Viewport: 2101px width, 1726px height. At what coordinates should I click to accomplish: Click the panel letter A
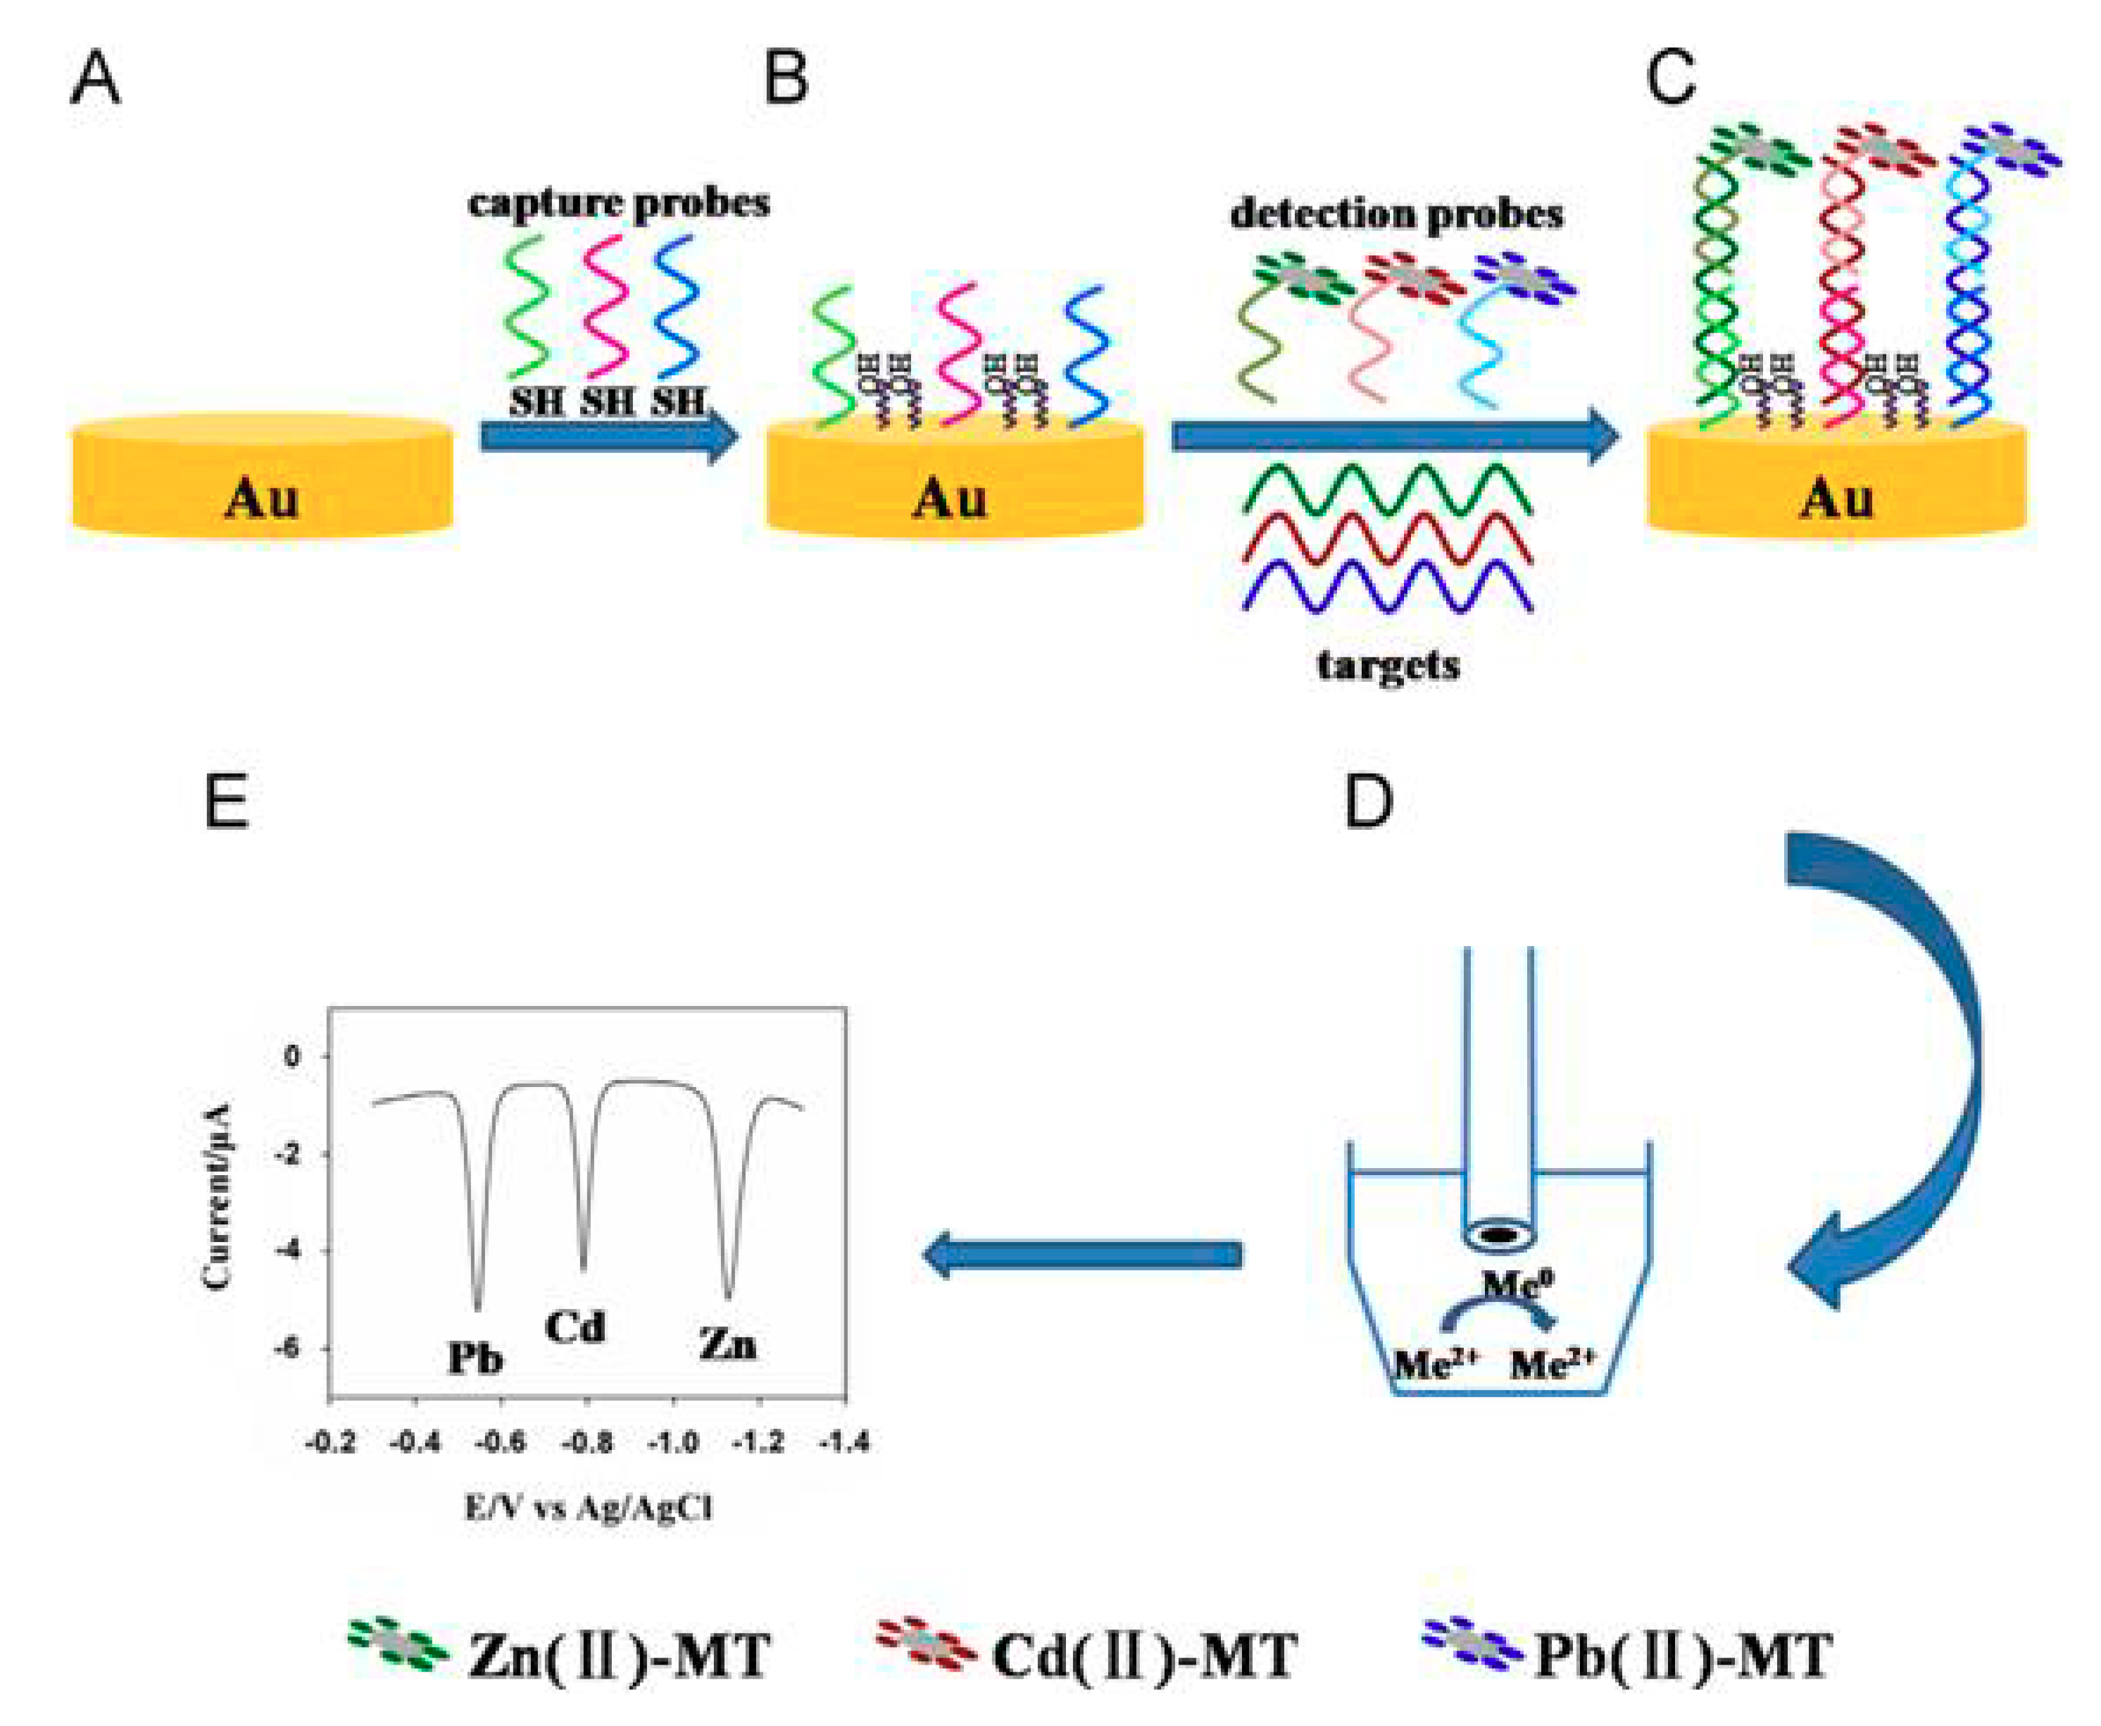click(96, 80)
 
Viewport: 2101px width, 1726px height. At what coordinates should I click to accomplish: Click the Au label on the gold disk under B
click(949, 499)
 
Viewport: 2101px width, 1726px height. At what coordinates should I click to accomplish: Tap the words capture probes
click(618, 204)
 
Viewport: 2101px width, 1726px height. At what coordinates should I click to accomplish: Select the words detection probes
click(1396, 213)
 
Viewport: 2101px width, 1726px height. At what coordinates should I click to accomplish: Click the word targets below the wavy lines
click(1388, 664)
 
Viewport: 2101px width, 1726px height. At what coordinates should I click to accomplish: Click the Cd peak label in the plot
click(575, 1327)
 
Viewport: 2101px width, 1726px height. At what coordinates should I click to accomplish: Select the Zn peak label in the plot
click(727, 1345)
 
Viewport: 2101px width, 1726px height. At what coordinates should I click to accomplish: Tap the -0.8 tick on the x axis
click(587, 1441)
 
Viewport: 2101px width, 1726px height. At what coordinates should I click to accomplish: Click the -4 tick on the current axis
click(291, 1250)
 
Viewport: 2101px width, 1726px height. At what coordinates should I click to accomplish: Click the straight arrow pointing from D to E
click(1084, 1255)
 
